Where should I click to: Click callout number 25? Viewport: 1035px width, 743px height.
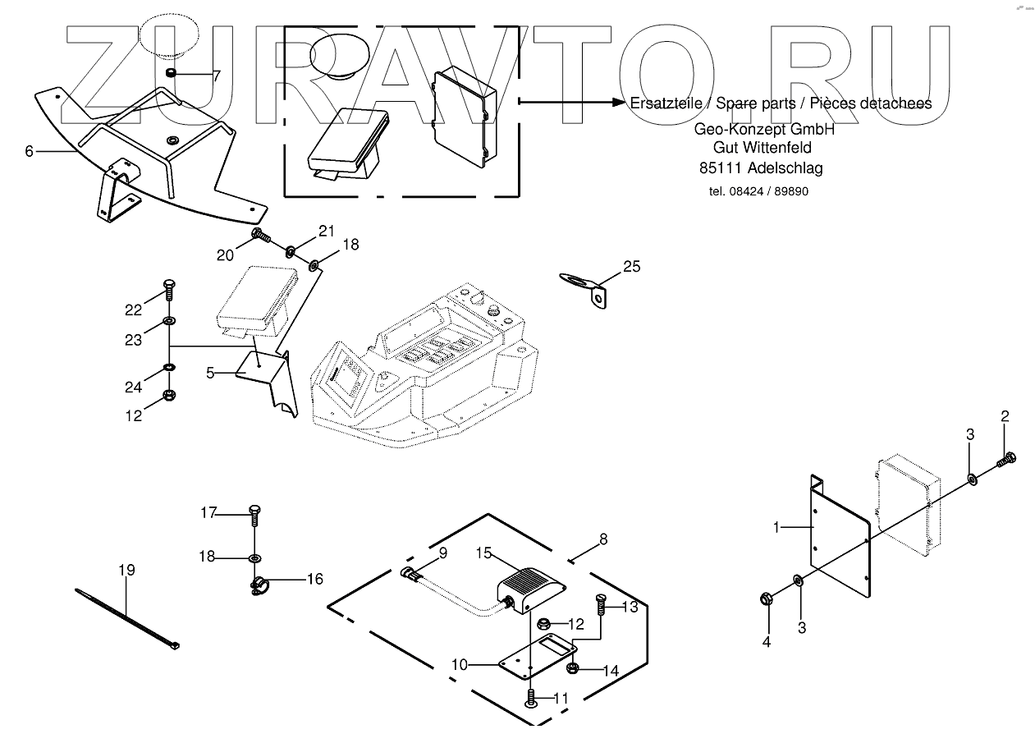coord(631,266)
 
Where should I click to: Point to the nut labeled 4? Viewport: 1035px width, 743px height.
coord(765,597)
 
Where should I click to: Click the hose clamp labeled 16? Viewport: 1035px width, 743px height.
coord(257,585)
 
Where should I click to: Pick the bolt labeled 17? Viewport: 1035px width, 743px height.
coord(254,516)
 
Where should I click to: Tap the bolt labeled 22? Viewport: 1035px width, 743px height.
coord(168,289)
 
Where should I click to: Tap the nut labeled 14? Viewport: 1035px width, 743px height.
coord(575,667)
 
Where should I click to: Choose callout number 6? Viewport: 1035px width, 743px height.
coord(30,151)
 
